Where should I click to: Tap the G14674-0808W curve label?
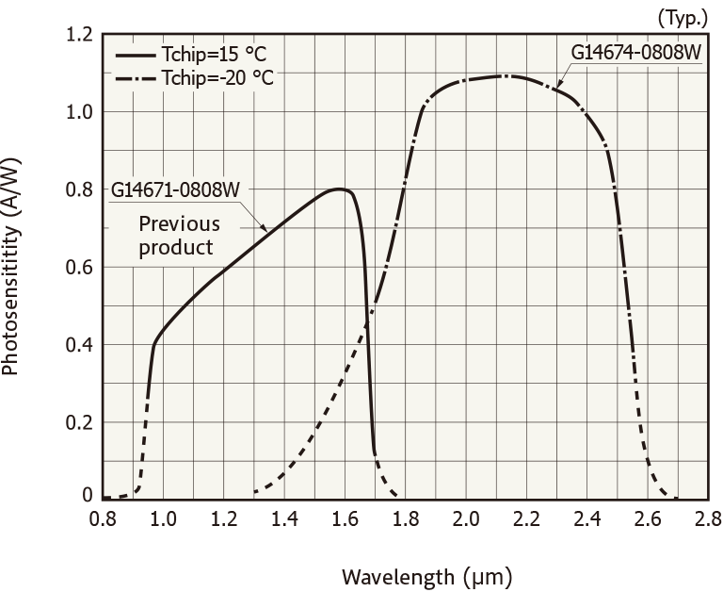(635, 51)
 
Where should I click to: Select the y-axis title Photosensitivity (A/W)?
(13, 267)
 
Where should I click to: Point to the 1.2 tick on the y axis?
(79, 36)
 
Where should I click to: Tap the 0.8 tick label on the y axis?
(79, 189)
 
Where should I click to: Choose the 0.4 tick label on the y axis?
(79, 344)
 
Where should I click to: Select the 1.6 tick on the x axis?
(345, 518)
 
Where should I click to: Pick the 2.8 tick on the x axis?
(707, 518)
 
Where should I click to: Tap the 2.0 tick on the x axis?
(466, 518)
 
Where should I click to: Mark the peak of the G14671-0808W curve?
(339, 189)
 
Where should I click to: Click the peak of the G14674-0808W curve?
(506, 75)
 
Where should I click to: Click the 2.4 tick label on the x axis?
(586, 518)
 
